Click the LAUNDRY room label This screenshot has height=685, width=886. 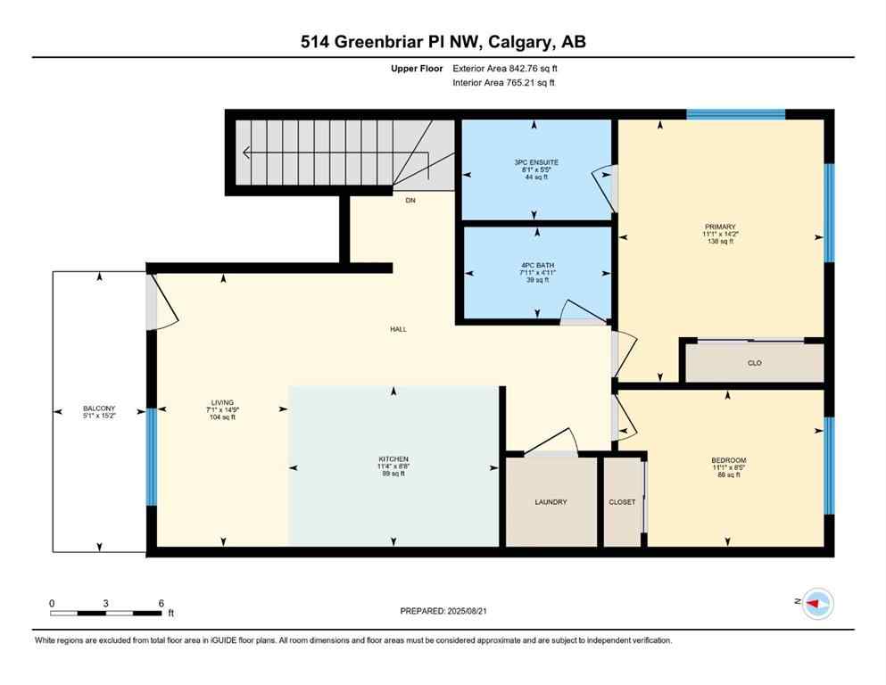pos(551,502)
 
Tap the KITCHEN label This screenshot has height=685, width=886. pos(393,459)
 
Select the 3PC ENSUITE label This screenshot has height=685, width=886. pos(535,162)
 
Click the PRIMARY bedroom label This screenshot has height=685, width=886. pos(719,227)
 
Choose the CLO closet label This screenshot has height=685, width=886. pos(755,363)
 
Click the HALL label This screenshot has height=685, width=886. pos(398,329)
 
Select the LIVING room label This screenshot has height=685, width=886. pos(222,403)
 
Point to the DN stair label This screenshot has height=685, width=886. pos(410,201)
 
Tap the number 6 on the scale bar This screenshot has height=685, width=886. pos(161,603)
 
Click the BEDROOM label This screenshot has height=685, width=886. pos(728,460)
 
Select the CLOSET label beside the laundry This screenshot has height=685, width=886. pos(622,502)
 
